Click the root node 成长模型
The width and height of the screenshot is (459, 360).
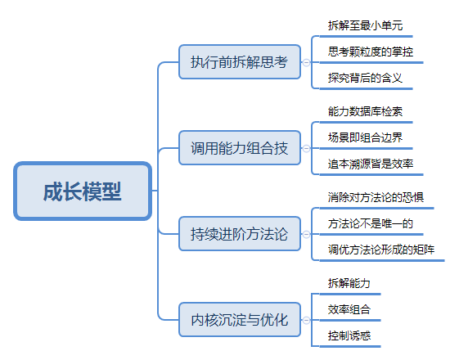click(83, 191)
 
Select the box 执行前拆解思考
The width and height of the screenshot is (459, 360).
click(240, 61)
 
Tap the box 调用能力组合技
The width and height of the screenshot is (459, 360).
click(240, 148)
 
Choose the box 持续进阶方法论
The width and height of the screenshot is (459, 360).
click(240, 234)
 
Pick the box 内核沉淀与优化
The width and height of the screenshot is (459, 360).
click(240, 320)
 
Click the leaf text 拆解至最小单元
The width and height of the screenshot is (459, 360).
click(366, 25)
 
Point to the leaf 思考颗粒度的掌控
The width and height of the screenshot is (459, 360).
click(371, 52)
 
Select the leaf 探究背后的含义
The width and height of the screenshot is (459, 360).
click(366, 78)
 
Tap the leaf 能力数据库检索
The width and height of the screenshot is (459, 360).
click(366, 111)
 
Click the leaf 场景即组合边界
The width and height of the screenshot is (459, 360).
click(366, 137)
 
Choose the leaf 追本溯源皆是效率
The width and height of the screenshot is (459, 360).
click(371, 164)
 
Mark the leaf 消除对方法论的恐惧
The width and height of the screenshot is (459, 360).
click(376, 197)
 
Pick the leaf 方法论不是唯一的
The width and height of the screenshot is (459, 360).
click(371, 223)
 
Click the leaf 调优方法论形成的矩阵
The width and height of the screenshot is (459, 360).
click(381, 250)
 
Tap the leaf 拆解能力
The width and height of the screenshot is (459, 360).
click(349, 283)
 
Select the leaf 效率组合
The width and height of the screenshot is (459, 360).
click(349, 309)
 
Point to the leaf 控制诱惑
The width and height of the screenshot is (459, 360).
click(349, 335)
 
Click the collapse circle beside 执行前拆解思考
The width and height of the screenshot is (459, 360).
click(306, 62)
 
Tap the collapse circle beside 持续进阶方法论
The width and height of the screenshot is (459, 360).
click(306, 234)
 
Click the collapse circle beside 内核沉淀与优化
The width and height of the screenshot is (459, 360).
click(306, 320)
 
